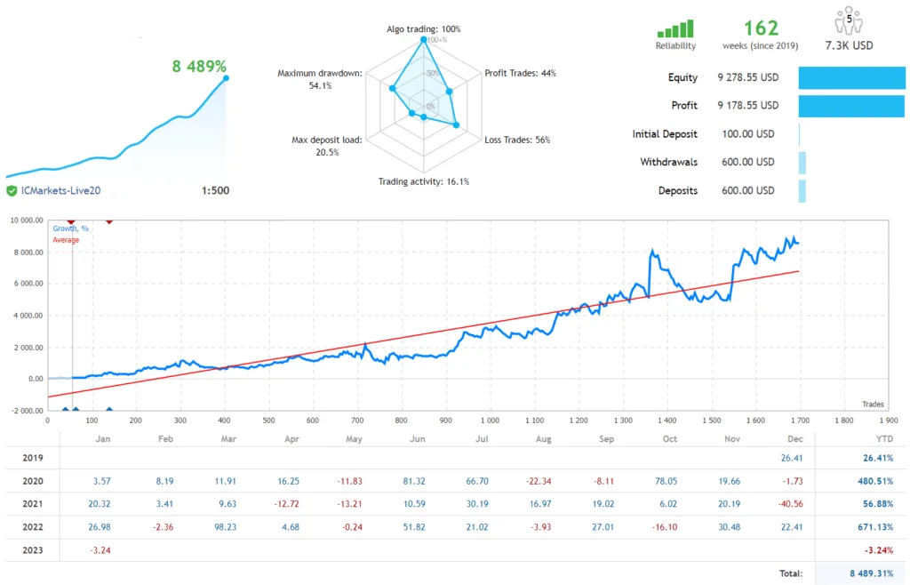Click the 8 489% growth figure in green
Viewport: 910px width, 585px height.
pyautogui.click(x=198, y=66)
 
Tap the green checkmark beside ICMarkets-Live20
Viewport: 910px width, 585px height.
pyautogui.click(x=12, y=190)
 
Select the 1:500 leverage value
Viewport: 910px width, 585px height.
pyautogui.click(x=216, y=190)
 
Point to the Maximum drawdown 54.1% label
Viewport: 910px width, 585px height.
pyautogui.click(x=319, y=79)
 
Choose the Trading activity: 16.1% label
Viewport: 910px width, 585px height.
pyautogui.click(x=424, y=181)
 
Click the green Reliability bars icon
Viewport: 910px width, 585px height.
pyautogui.click(x=675, y=29)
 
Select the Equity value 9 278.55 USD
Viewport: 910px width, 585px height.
pyautogui.click(x=747, y=77)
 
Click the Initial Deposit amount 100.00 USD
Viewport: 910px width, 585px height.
pyautogui.click(x=746, y=134)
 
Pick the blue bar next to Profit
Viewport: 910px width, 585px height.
pyautogui.click(x=851, y=106)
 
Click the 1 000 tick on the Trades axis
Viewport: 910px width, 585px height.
pyautogui.click(x=489, y=421)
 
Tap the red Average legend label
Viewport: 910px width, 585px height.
pyautogui.click(x=66, y=240)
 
